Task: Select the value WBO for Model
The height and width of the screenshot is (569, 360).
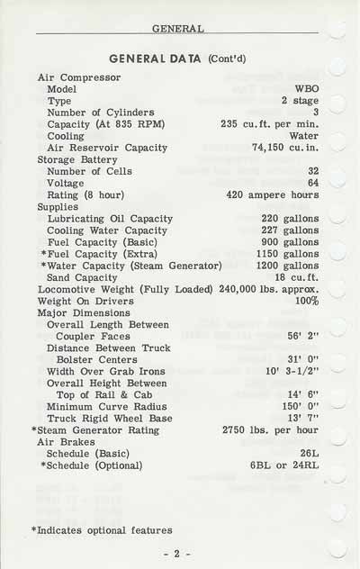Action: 306,90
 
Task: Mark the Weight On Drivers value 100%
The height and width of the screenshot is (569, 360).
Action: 307,301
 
